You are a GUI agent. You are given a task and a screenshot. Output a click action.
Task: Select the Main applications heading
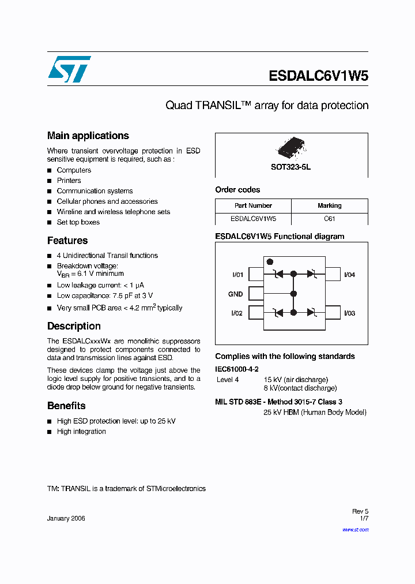point(88,136)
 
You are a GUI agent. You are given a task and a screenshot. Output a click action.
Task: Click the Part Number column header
point(253,205)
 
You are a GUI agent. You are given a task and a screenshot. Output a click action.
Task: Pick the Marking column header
point(329,205)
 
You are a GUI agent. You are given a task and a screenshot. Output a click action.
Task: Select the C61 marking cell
point(329,219)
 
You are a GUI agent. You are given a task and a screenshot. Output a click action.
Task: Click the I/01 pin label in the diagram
point(237,275)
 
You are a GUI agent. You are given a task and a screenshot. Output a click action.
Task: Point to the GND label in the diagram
point(235,294)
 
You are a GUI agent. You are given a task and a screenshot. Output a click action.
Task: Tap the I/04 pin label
point(349,275)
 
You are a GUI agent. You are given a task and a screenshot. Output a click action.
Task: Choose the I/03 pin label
point(349,313)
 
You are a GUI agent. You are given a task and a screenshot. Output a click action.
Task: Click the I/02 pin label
point(237,313)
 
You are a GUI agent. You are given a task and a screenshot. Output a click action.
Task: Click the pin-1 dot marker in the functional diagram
point(270,263)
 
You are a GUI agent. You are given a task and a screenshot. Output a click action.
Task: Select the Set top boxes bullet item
point(78,222)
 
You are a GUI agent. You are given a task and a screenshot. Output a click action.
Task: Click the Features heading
point(67,241)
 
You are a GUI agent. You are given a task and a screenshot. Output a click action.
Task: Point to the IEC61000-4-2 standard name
point(237,369)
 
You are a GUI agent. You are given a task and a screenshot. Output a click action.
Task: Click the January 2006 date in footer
point(66,518)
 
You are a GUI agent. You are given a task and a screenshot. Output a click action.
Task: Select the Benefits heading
point(66,406)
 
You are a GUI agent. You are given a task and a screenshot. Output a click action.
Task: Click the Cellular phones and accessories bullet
point(107,201)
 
